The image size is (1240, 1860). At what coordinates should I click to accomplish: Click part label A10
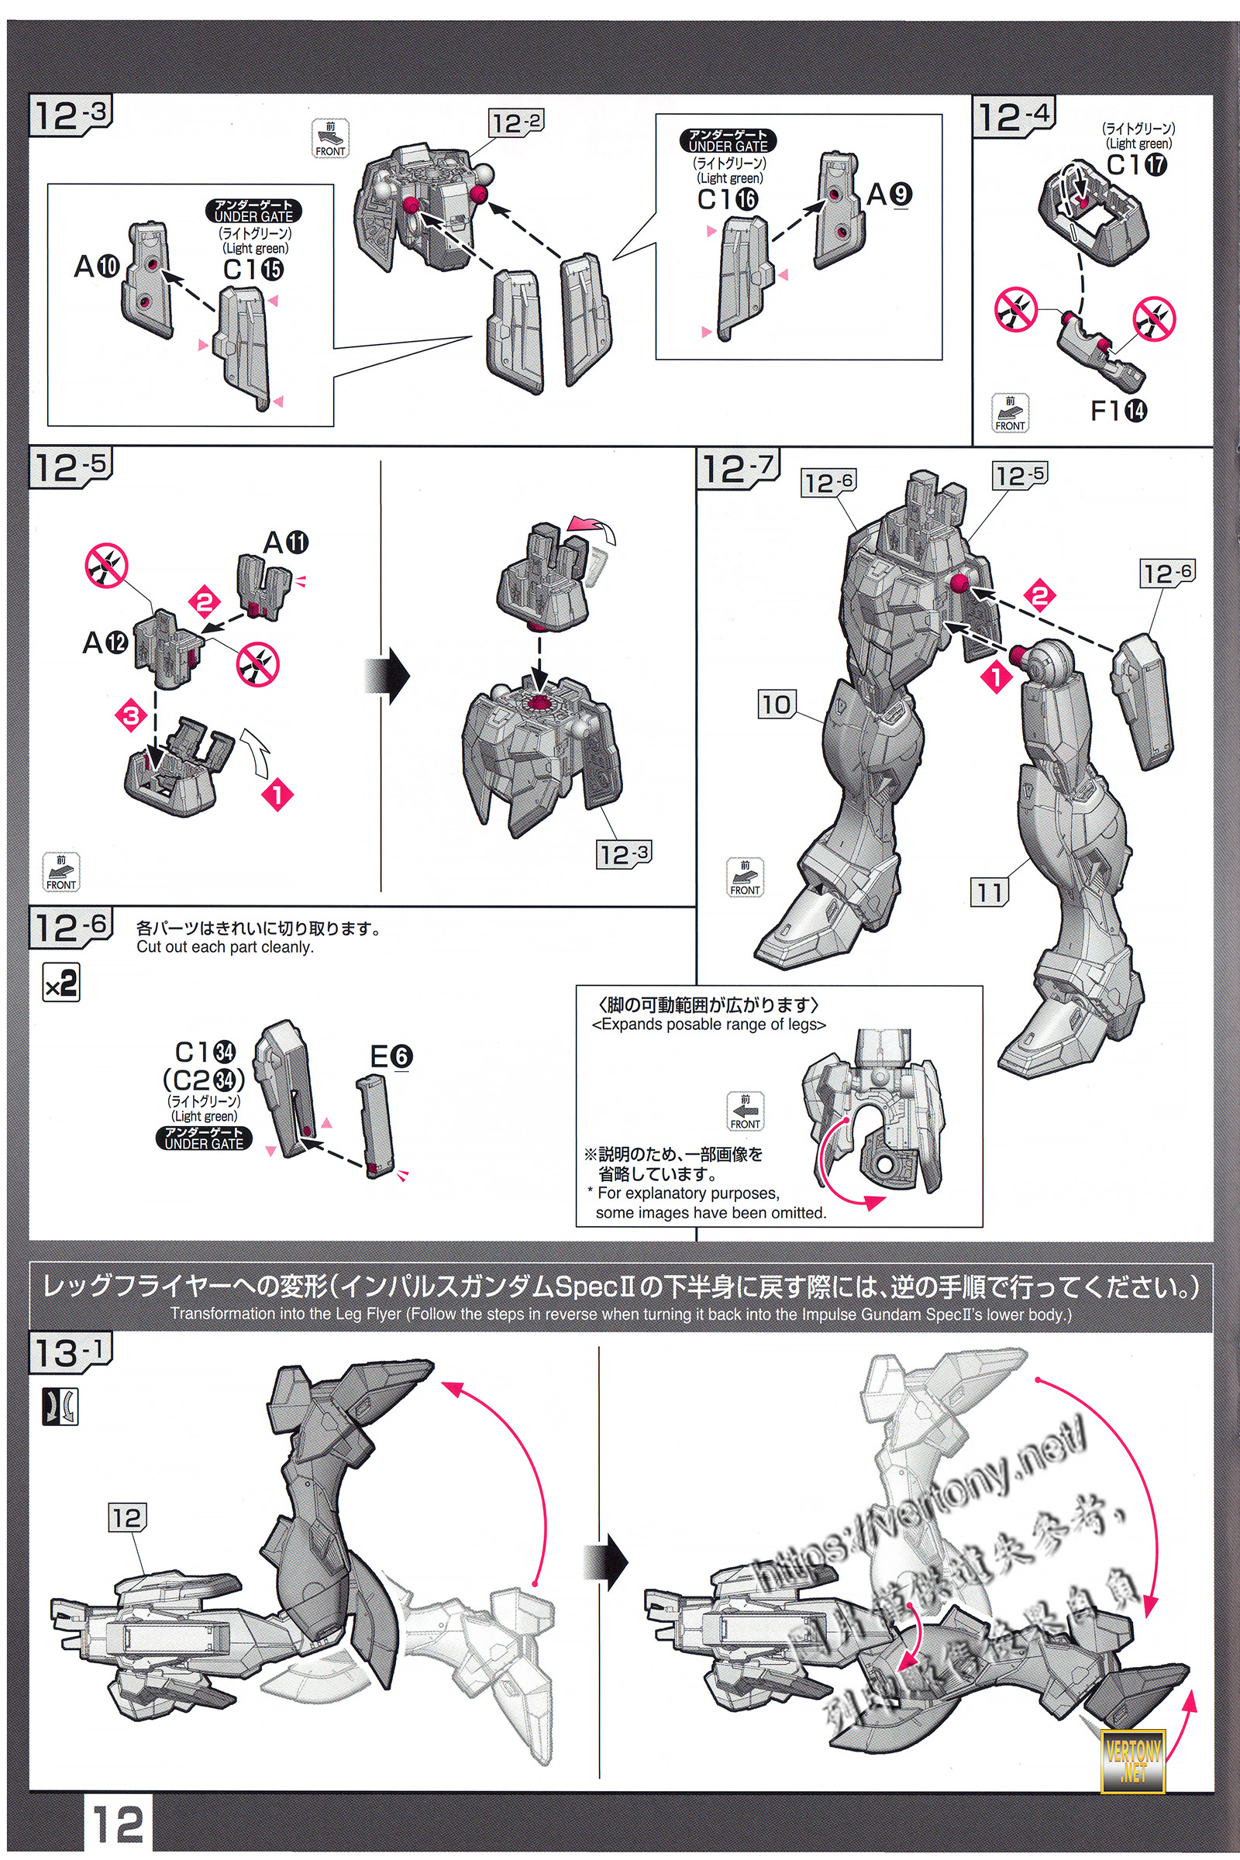96,267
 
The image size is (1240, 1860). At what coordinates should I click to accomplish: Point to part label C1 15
253,269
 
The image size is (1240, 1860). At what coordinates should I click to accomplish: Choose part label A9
889,195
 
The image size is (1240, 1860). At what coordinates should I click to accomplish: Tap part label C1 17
1136,164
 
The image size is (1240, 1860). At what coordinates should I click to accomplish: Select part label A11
286,542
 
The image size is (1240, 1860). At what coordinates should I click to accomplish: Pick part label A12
105,642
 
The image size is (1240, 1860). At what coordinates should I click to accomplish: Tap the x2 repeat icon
61,983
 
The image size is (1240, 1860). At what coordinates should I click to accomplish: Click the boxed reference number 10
776,704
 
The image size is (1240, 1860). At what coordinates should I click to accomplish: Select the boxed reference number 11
990,892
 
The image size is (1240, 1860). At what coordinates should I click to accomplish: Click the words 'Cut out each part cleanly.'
226,946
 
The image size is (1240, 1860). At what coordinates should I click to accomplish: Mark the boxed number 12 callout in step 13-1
126,1517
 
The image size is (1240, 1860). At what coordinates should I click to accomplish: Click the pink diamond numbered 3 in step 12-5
131,716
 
